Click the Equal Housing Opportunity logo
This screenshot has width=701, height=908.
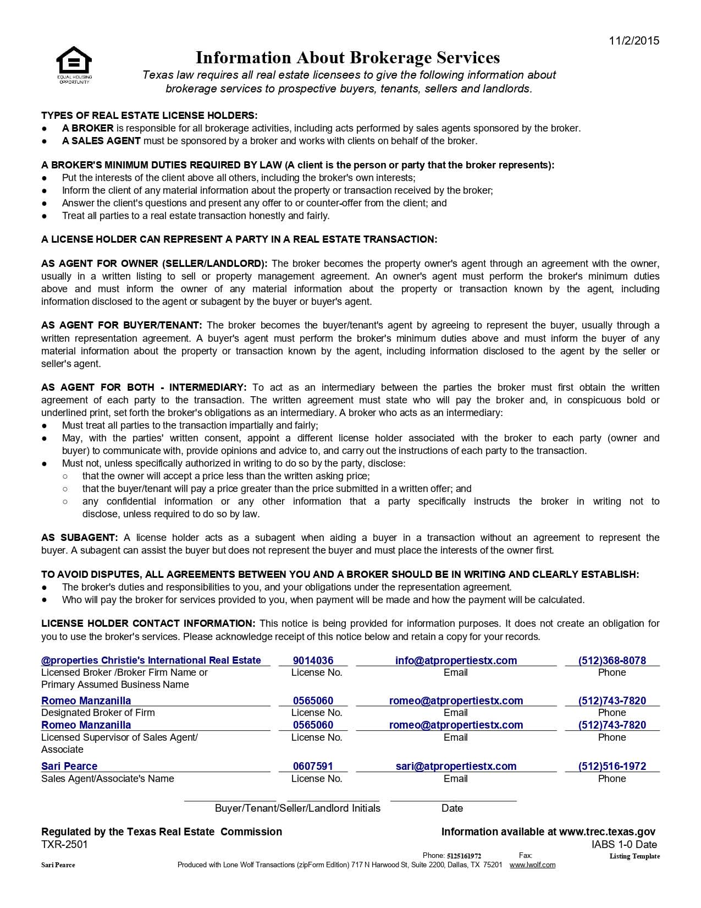[74, 64]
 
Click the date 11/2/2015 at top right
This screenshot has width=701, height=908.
[634, 40]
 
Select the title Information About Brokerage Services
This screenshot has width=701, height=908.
[347, 58]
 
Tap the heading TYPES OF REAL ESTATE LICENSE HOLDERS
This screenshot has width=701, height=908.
[149, 116]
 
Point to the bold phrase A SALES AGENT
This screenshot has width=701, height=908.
[101, 141]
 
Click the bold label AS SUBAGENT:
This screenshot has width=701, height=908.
[80, 538]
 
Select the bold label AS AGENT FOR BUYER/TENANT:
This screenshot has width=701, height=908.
[122, 325]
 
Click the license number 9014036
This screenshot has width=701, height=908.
[313, 660]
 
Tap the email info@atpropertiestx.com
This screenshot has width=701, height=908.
[456, 660]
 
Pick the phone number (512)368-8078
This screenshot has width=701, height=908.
[612, 660]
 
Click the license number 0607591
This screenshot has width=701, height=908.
[313, 766]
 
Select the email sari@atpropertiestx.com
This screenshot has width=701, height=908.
[456, 766]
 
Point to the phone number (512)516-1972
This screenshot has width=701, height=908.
[612, 766]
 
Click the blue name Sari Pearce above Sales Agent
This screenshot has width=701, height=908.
[69, 766]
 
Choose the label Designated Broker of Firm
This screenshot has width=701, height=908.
[98, 713]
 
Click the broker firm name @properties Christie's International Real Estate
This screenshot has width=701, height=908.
[151, 660]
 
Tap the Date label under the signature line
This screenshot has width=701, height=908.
[452, 808]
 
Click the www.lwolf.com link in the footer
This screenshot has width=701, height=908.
[532, 865]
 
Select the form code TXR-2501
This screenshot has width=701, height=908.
[64, 844]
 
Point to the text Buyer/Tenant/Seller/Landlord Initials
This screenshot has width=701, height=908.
[297, 808]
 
